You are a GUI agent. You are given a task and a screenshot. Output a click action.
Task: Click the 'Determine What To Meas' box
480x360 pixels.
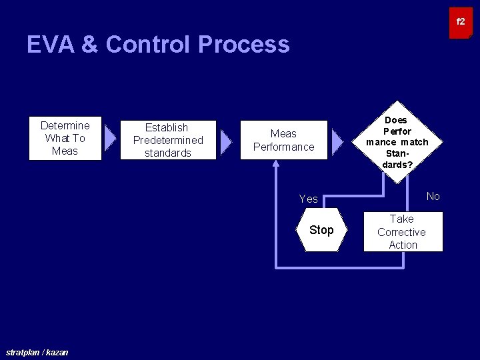(x=65, y=139)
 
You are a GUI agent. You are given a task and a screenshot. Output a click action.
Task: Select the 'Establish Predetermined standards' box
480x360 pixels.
(x=168, y=140)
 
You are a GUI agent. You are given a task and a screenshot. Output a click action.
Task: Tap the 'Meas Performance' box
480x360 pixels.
(x=283, y=140)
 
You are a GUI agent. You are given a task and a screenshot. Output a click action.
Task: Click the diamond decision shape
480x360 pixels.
(x=397, y=142)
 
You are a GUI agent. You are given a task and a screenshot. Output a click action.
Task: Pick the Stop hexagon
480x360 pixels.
(x=321, y=230)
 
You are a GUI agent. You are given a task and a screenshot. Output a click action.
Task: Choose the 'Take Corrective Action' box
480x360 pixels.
(x=403, y=232)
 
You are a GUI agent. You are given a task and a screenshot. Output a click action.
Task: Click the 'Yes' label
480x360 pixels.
(x=309, y=199)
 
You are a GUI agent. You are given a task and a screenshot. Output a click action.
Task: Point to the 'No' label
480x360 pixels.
(x=433, y=196)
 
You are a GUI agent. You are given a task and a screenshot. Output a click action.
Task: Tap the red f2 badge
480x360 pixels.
(x=461, y=23)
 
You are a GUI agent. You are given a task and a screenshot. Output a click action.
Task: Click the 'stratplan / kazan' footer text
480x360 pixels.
(x=37, y=352)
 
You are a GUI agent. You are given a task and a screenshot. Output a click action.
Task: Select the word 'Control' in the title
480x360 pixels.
(x=148, y=45)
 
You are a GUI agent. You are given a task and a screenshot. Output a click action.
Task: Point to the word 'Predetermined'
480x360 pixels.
(x=168, y=140)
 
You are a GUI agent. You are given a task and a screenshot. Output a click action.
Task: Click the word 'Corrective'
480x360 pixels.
(x=401, y=232)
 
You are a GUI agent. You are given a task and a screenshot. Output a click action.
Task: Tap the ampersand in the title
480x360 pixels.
(x=89, y=45)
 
